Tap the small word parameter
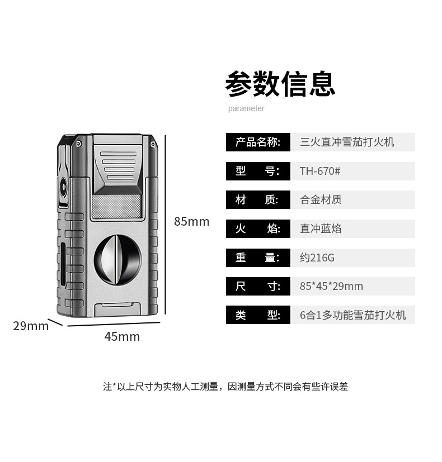[246, 108]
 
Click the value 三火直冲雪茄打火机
[347, 142]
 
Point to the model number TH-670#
[320, 171]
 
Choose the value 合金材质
[321, 199]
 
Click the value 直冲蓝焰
[321, 228]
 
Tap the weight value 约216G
[317, 258]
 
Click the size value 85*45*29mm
[331, 287]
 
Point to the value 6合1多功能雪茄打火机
[352, 315]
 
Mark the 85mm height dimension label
[191, 222]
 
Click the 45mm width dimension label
[122, 337]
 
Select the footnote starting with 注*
[225, 387]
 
